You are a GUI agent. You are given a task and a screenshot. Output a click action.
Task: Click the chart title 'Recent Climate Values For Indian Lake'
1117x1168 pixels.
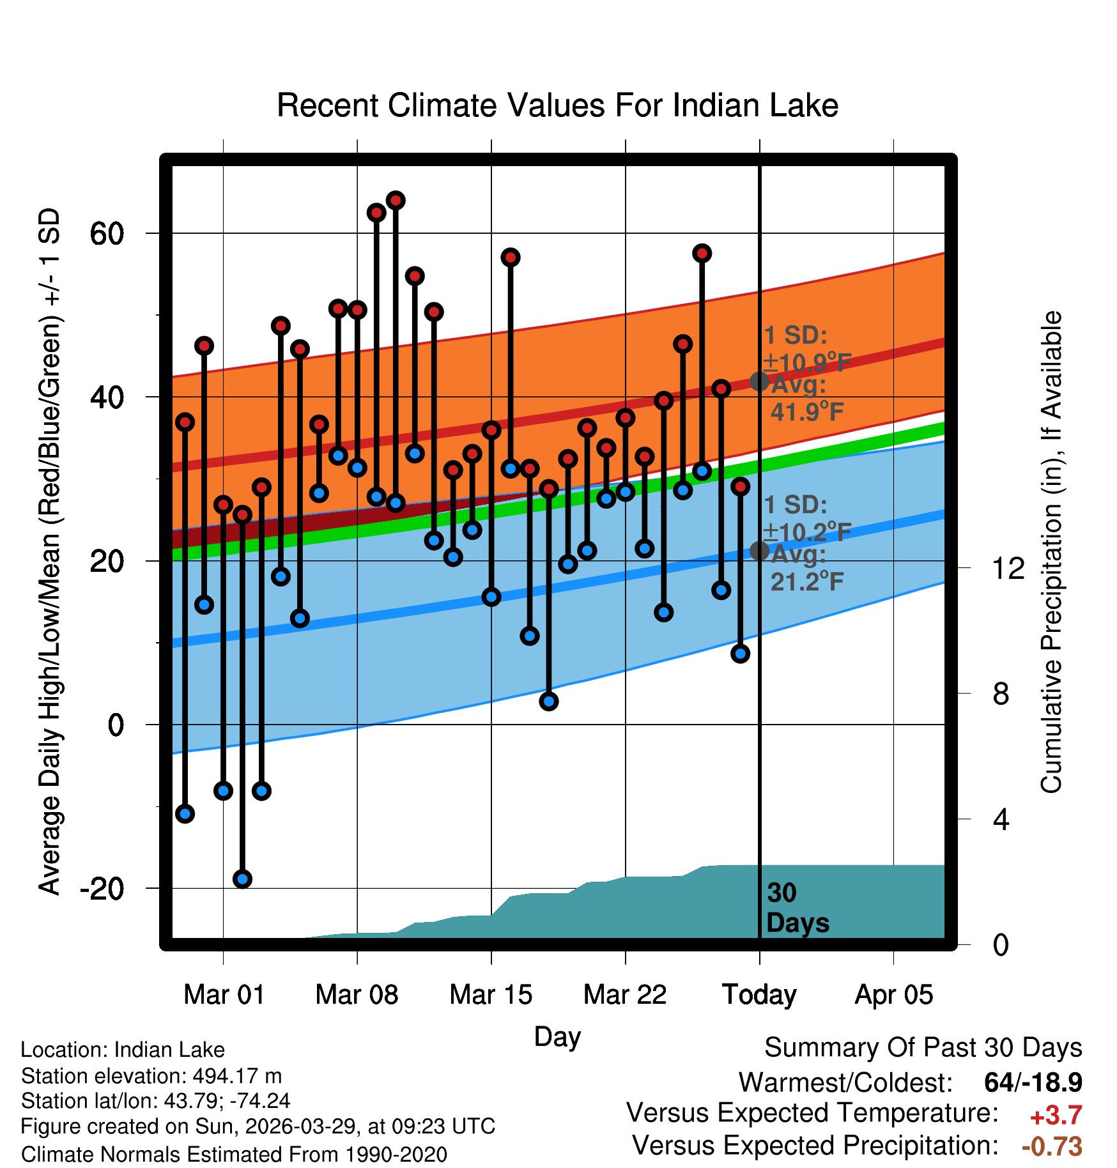[557, 105]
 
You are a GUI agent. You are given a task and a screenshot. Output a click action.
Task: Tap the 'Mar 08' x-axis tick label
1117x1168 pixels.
[357, 995]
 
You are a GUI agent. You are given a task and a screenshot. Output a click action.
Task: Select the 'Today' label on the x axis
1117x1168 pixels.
[759, 995]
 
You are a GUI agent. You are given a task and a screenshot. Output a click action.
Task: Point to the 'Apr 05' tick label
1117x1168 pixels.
[894, 995]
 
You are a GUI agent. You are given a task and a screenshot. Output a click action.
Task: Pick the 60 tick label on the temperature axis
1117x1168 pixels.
[107, 234]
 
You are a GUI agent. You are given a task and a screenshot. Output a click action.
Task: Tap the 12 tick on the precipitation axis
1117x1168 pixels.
[1008, 568]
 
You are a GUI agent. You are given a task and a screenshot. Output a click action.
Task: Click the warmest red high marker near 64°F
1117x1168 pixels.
[396, 201]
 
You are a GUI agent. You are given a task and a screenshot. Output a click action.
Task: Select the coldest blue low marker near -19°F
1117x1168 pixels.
[242, 879]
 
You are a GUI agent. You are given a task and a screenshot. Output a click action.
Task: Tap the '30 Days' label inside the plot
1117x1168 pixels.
[797, 908]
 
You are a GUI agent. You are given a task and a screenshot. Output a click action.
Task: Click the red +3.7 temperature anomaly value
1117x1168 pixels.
[1056, 1116]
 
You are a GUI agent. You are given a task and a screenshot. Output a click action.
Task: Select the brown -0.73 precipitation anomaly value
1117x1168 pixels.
[1052, 1146]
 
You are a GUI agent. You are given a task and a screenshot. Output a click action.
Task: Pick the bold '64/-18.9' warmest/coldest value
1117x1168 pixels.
[1033, 1082]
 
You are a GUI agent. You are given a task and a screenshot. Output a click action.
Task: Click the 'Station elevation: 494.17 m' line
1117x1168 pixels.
[151, 1077]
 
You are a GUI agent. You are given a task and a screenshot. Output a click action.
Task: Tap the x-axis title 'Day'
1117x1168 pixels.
[557, 1037]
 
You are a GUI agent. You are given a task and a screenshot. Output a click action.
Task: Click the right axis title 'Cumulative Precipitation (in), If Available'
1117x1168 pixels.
[1051, 552]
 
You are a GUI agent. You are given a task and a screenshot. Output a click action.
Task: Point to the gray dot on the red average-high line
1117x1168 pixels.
[759, 381]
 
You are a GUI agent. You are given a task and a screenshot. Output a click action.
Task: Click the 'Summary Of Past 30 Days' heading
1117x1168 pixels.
[923, 1048]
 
